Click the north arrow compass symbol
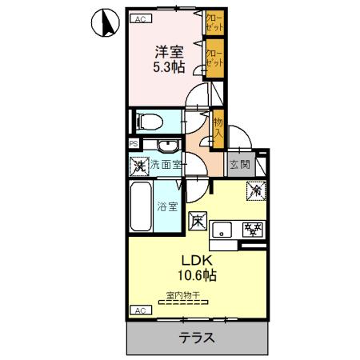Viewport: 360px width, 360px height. pyautogui.click(x=102, y=24)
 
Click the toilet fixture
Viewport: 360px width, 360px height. pyautogui.click(x=149, y=121)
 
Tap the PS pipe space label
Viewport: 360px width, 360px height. pyautogui.click(x=133, y=144)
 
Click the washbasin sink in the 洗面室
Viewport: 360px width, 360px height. pyautogui.click(x=167, y=146)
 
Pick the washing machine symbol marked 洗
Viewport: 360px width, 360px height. pyautogui.click(x=139, y=166)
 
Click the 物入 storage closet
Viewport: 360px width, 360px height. pyautogui.click(x=217, y=128)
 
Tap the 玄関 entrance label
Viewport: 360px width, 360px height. pyautogui.click(x=239, y=166)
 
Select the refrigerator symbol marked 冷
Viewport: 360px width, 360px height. pyautogui.click(x=256, y=191)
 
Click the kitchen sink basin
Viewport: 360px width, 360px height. pyautogui.click(x=223, y=231)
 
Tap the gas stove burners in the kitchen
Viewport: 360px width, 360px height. pyautogui.click(x=254, y=230)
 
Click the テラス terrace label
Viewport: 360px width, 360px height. pyautogui.click(x=197, y=337)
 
